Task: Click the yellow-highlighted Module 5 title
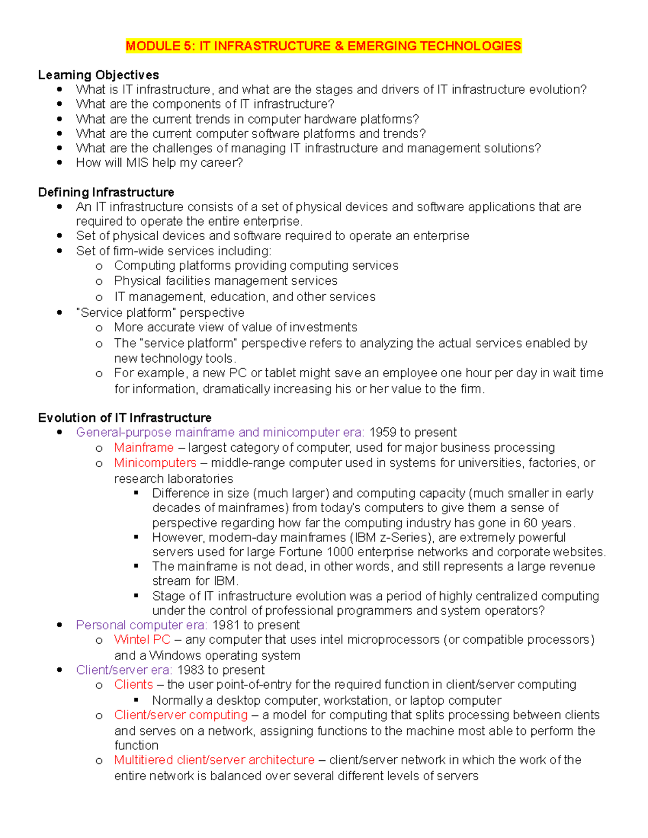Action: [x=323, y=46]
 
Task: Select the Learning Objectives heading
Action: [x=98, y=75]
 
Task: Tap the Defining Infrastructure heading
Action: [x=106, y=193]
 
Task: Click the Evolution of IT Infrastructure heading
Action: [x=125, y=418]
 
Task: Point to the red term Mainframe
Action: [x=144, y=448]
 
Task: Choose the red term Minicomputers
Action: [x=155, y=463]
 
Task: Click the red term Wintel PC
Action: [x=142, y=640]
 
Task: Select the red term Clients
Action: [x=133, y=685]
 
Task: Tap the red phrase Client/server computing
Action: [x=181, y=715]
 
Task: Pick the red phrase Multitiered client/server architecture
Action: [x=214, y=760]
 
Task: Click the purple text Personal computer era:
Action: [x=141, y=625]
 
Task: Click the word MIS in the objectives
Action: [x=137, y=163]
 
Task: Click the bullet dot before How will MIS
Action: [x=59, y=162]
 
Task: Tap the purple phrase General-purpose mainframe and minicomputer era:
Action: [x=220, y=433]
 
